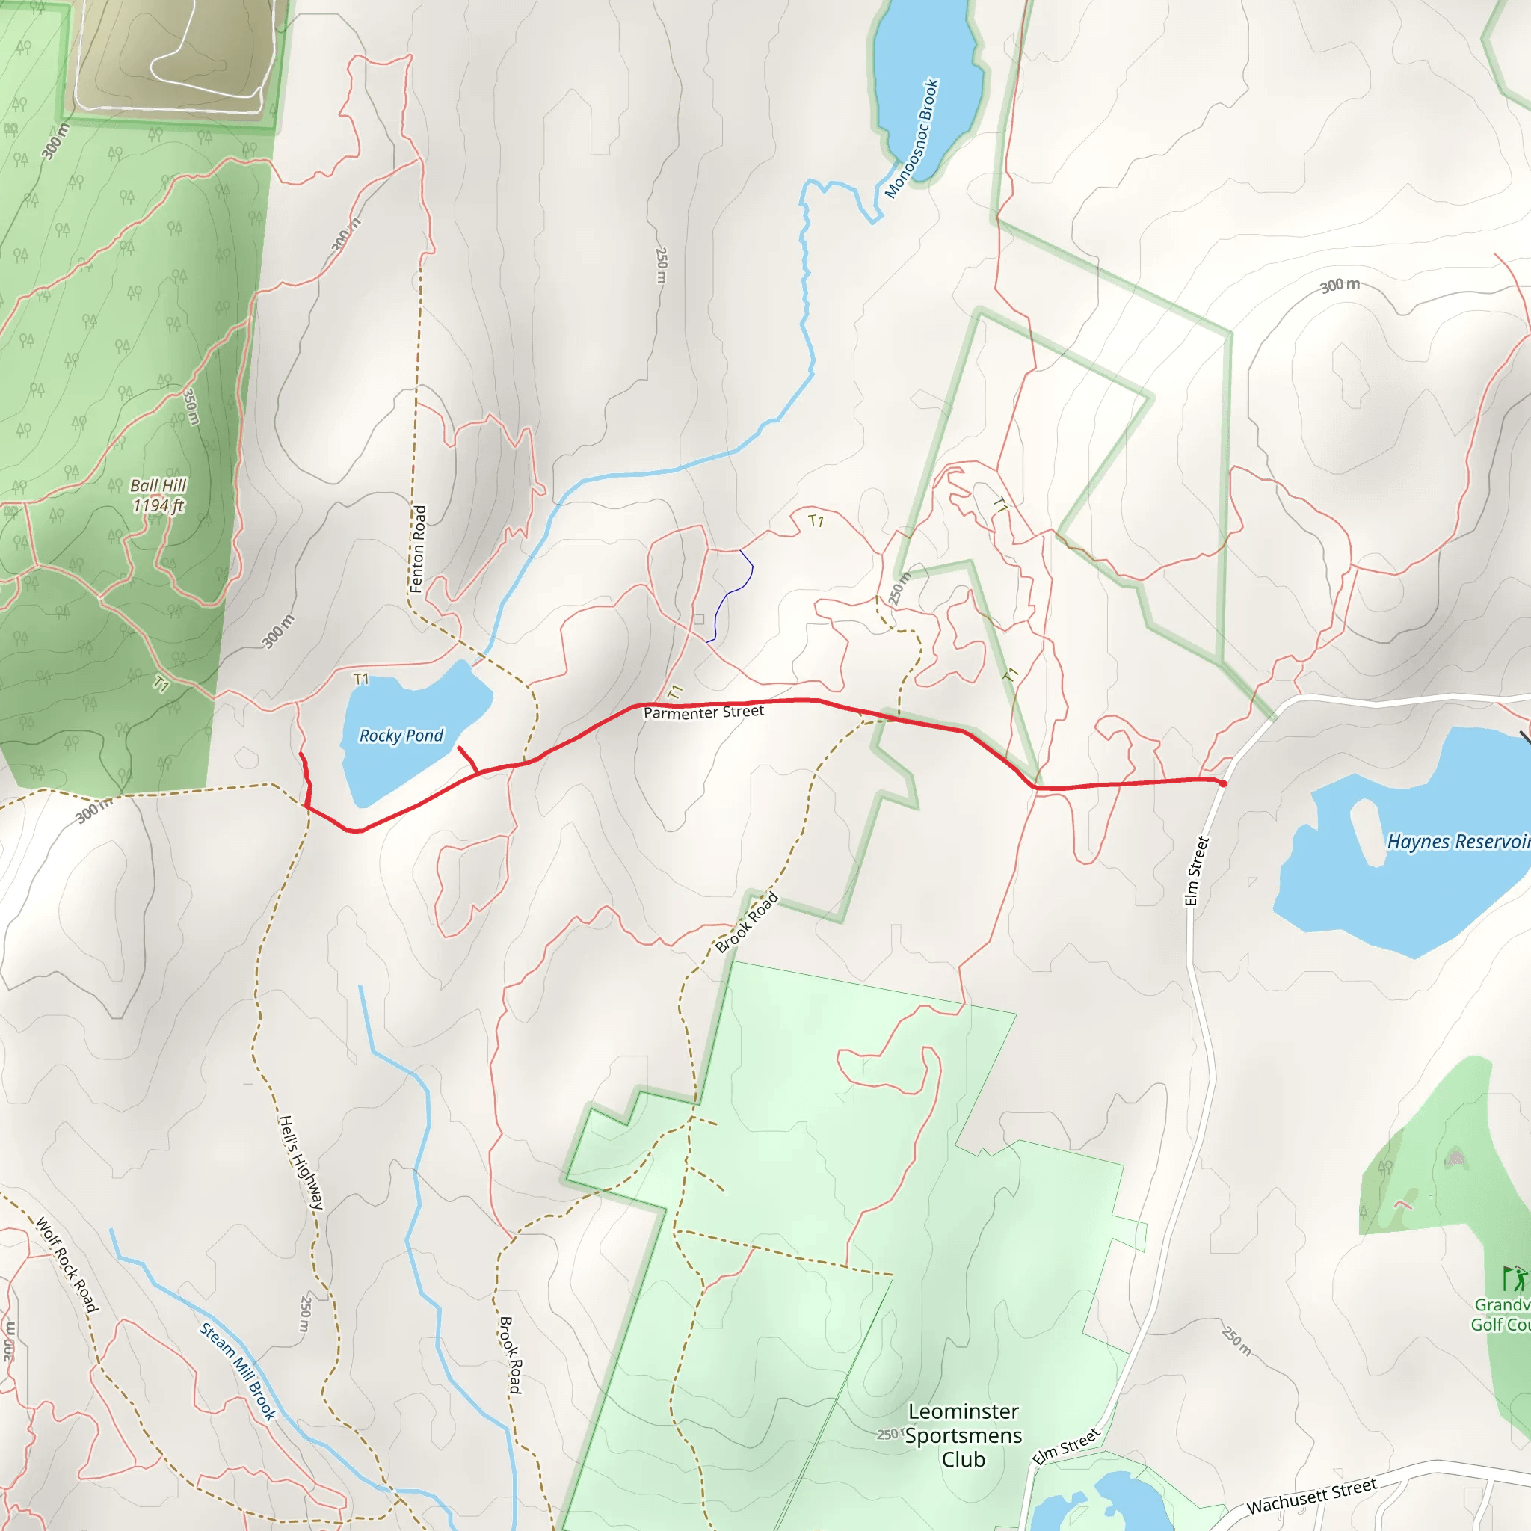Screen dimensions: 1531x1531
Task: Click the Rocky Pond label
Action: [401, 736]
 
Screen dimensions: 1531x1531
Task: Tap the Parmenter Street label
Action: [703, 712]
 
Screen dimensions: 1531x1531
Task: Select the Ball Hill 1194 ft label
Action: [158, 496]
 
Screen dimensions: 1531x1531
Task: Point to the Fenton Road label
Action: [419, 549]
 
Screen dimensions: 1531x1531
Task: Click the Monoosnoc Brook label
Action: [912, 139]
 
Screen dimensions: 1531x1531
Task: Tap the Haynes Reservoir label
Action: [1456, 842]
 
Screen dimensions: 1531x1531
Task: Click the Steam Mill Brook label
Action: [237, 1372]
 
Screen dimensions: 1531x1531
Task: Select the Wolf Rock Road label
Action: [67, 1265]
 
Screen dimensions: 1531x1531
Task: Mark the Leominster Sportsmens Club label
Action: [963, 1435]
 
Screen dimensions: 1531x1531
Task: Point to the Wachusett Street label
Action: [1311, 1495]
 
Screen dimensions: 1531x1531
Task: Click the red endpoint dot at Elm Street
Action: [1223, 783]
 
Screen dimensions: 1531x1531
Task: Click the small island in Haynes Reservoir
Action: [1367, 831]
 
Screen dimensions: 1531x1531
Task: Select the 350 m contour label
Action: [191, 407]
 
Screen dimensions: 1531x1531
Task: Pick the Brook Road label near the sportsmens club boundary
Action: [747, 923]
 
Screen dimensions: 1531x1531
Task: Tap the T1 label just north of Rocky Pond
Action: [361, 679]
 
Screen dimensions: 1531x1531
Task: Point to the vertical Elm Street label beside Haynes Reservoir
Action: [1196, 871]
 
